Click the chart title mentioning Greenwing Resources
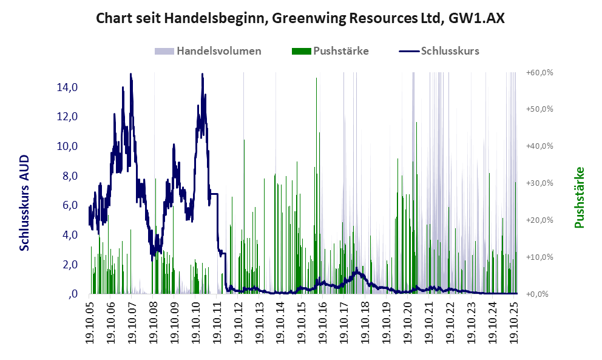[300, 18]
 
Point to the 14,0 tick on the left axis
[67, 87]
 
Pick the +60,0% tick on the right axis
[540, 72]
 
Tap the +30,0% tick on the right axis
[540, 183]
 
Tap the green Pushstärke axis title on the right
[579, 198]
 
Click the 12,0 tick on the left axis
[67, 117]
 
